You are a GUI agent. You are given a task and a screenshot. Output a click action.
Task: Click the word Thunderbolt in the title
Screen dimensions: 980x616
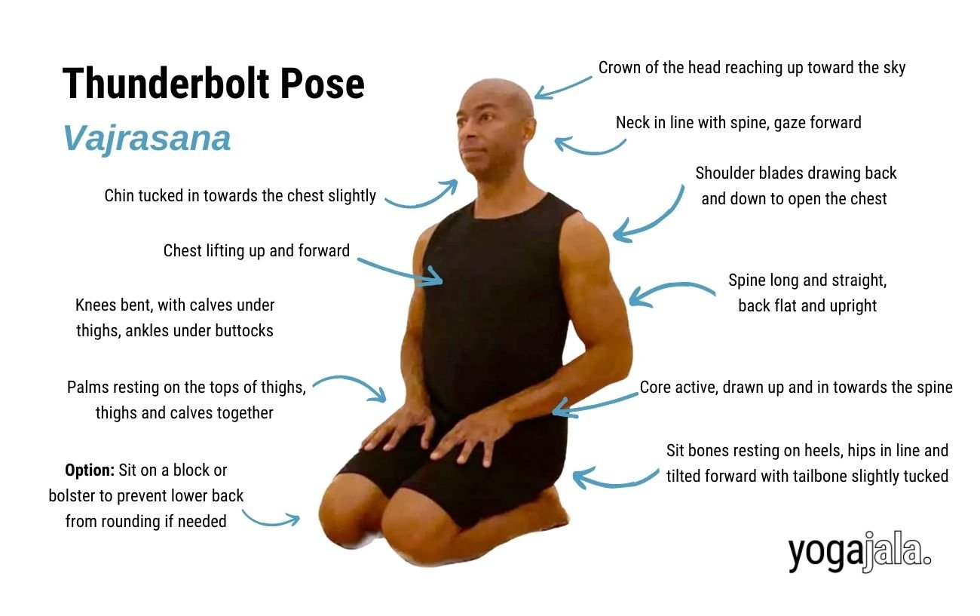click(166, 83)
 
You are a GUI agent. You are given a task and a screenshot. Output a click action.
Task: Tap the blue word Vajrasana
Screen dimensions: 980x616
click(146, 138)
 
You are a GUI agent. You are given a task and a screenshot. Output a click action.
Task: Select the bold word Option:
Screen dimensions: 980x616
click(90, 470)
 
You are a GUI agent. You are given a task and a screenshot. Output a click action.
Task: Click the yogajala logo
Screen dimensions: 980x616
click(859, 552)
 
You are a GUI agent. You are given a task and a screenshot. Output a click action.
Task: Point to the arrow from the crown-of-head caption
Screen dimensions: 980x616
click(562, 88)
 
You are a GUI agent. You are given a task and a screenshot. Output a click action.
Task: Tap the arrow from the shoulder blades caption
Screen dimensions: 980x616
click(652, 219)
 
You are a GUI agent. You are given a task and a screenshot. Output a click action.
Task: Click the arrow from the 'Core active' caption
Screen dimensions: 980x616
click(594, 405)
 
